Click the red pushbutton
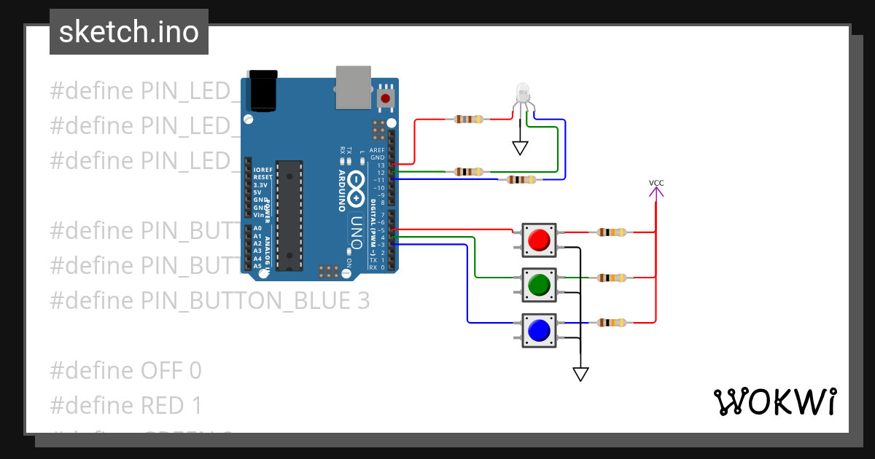click(x=539, y=240)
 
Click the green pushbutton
click(x=539, y=285)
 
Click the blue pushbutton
click(x=539, y=330)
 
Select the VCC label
click(x=656, y=183)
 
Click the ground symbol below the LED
click(x=520, y=148)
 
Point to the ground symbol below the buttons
click(x=580, y=374)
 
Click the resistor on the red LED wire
click(x=468, y=119)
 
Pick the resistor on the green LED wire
click(x=468, y=172)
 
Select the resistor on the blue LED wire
click(x=521, y=180)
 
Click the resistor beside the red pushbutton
click(x=611, y=233)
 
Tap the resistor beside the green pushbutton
click(x=611, y=278)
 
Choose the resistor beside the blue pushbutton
click(x=611, y=323)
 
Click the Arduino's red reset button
click(x=385, y=98)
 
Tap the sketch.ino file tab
click(x=129, y=32)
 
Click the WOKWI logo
click(x=774, y=401)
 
